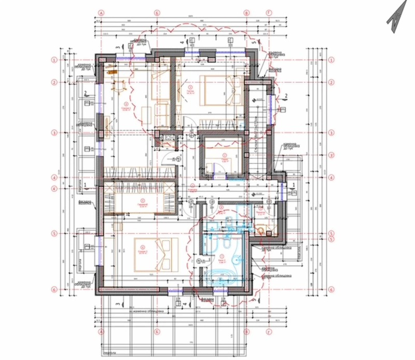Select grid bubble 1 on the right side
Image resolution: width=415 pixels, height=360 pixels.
pyautogui.click(x=330, y=60)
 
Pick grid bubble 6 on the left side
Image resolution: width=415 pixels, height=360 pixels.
pyautogui.click(x=53, y=289)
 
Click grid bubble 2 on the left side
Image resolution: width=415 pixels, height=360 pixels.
pyautogui.click(x=53, y=82)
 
